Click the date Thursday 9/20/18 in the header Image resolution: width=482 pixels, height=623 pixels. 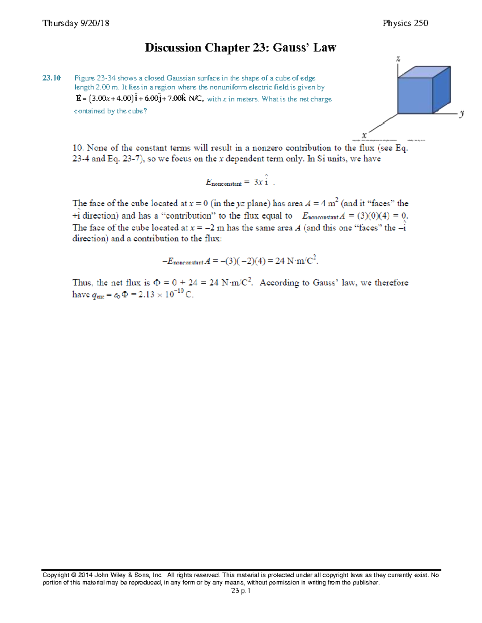[x=76, y=23]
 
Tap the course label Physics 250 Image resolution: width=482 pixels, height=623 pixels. [x=405, y=23]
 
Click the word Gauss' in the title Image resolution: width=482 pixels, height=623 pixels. [x=291, y=48]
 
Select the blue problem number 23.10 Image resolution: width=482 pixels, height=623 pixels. [x=51, y=78]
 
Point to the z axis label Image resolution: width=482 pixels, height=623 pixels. [x=398, y=59]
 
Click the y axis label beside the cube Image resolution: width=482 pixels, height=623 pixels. [x=462, y=113]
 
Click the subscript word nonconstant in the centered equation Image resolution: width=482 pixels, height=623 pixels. [x=227, y=184]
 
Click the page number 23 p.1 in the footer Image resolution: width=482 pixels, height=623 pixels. [x=241, y=591]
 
